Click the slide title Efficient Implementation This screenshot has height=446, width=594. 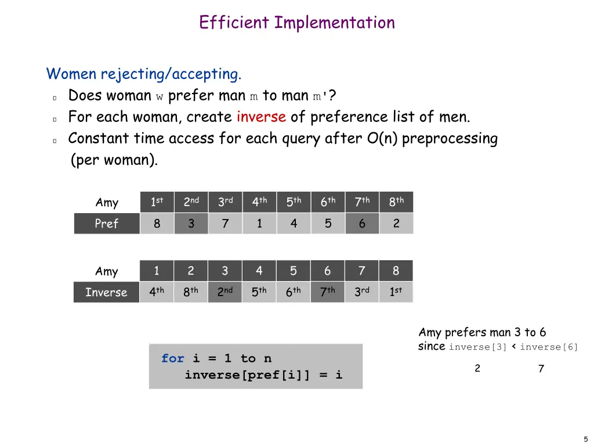(x=296, y=23)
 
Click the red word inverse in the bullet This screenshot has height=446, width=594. (x=261, y=117)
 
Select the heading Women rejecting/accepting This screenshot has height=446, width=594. (x=144, y=74)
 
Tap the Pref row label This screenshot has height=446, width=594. (x=107, y=224)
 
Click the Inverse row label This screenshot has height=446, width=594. (x=106, y=292)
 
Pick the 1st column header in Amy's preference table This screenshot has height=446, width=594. (x=157, y=202)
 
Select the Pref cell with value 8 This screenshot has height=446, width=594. (x=157, y=224)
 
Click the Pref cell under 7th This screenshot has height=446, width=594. (x=362, y=224)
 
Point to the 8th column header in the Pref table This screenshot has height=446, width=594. (x=396, y=202)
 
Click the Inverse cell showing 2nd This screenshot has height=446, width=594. (x=224, y=292)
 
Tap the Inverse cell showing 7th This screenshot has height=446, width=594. (x=327, y=292)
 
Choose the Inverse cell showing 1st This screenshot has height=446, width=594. (x=396, y=292)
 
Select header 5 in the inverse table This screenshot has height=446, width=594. (x=293, y=271)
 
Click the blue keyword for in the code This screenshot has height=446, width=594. (x=172, y=358)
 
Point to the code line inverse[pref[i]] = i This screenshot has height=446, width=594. (x=263, y=375)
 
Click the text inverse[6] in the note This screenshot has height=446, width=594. (x=549, y=347)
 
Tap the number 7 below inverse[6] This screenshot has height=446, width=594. (x=541, y=369)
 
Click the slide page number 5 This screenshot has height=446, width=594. (x=585, y=439)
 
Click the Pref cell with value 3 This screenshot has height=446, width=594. (x=191, y=224)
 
